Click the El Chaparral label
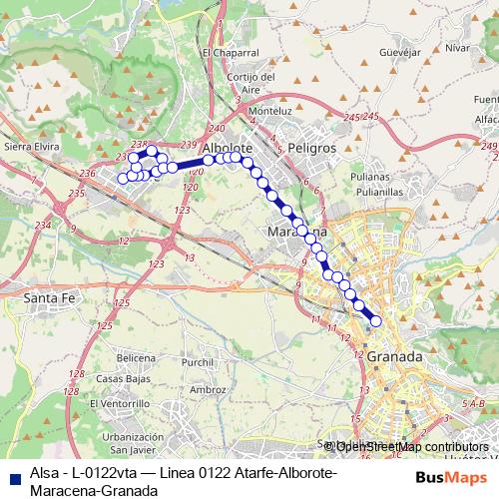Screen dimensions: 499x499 (231, 53)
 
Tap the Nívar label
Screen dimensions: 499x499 (457, 47)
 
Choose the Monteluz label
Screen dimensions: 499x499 (269, 111)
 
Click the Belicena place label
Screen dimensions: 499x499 (137, 356)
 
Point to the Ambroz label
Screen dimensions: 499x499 (208, 389)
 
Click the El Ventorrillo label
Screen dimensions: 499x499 (120, 403)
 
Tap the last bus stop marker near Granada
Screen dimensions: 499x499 (376, 320)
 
